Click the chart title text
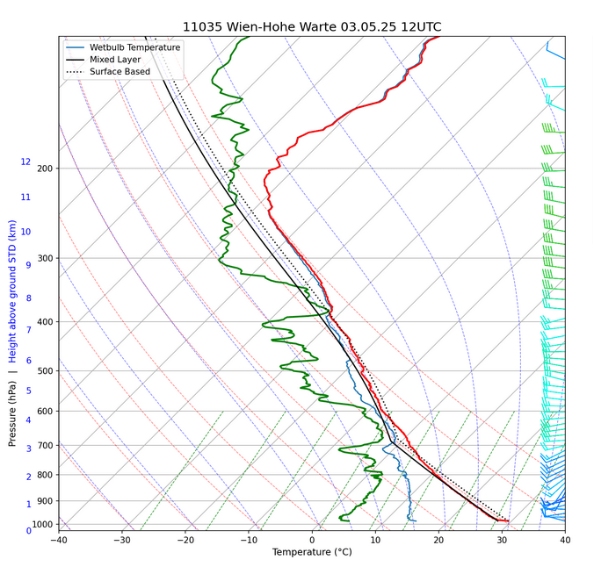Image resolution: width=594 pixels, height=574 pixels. click(312, 26)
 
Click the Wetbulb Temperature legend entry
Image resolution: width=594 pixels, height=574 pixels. click(134, 47)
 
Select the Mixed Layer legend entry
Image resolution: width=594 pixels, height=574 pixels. click(116, 60)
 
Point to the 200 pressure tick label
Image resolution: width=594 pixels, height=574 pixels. click(46, 169)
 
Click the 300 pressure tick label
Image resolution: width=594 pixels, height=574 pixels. click(46, 258)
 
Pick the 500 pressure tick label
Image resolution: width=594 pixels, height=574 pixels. click(46, 371)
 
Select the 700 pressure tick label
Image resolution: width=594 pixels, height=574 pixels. click(46, 446)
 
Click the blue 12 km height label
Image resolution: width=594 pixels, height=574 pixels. click(25, 162)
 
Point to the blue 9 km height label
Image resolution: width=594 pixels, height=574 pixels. click(28, 265)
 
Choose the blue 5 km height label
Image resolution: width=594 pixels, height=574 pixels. click(28, 391)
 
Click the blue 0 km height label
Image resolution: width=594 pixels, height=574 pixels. click(28, 530)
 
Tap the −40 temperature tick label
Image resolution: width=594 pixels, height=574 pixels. click(59, 540)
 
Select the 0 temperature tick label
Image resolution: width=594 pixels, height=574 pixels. click(312, 540)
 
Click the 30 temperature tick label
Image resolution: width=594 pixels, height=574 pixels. click(501, 540)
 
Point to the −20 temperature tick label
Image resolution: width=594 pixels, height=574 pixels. click(185, 540)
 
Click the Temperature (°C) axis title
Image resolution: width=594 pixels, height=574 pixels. click(312, 553)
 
